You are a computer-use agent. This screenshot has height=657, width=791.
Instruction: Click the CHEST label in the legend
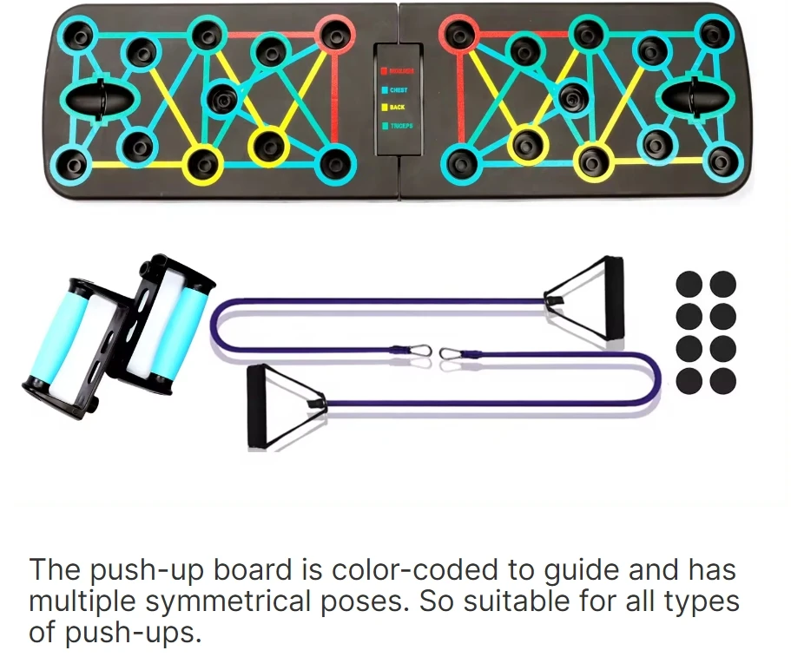point(399,89)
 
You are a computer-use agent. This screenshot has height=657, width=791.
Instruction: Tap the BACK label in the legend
point(397,108)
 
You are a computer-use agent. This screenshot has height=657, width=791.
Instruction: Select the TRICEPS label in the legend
point(401,126)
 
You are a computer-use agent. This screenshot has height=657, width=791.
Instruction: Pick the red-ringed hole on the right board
point(458,34)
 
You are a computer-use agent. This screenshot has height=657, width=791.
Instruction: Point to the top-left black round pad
point(689,284)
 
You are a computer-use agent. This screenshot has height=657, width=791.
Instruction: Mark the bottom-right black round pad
point(722,380)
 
